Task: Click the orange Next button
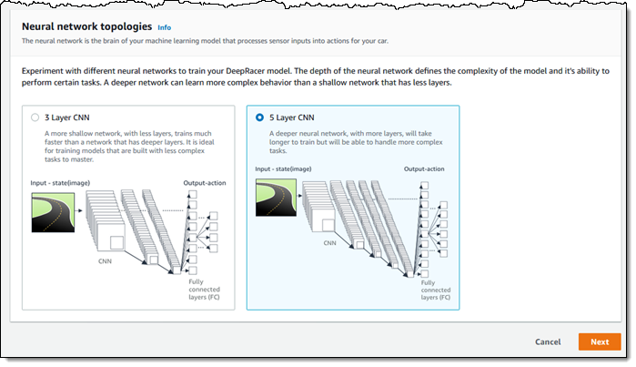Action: [x=600, y=342]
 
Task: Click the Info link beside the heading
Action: [x=165, y=27]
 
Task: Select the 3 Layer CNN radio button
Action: [x=35, y=117]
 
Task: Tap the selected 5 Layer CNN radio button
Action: [x=259, y=117]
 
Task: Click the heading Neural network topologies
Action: [x=86, y=26]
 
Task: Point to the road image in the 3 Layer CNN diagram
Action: [x=53, y=213]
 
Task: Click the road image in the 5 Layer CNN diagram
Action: [x=276, y=198]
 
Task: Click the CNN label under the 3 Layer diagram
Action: [x=105, y=261]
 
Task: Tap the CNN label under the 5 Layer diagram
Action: [x=329, y=243]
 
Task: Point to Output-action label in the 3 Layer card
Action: [x=205, y=183]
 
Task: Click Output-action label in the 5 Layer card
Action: [x=424, y=168]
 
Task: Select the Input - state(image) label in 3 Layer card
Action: [x=60, y=183]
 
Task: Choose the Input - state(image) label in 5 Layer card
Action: [x=283, y=168]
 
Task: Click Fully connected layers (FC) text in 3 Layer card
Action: [x=204, y=290]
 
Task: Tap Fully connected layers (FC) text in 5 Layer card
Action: [x=436, y=290]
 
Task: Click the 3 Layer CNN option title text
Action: [x=67, y=117]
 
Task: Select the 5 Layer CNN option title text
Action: [x=292, y=117]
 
